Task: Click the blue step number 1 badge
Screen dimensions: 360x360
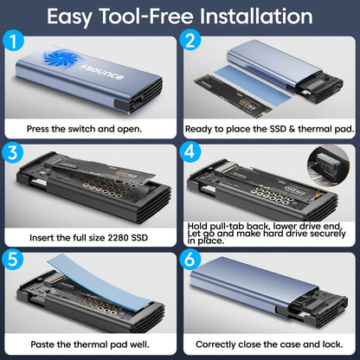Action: click(x=13, y=42)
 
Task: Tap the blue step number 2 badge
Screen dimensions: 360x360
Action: click(x=190, y=41)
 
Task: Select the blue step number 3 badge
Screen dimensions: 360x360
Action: click(x=12, y=152)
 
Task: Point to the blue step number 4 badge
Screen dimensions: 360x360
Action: click(x=190, y=151)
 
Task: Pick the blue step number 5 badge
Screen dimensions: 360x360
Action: click(x=13, y=259)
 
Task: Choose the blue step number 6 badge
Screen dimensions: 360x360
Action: click(x=190, y=259)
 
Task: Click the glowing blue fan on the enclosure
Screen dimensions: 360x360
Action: click(x=60, y=58)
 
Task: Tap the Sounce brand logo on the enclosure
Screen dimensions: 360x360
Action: click(x=103, y=72)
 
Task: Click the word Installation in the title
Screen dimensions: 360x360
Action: click(x=256, y=16)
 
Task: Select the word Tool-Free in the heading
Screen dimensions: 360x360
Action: click(x=146, y=16)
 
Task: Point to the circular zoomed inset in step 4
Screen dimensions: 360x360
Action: click(x=329, y=165)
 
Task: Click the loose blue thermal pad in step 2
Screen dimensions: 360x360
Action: click(x=253, y=83)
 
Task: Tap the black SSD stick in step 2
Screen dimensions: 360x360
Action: click(x=233, y=98)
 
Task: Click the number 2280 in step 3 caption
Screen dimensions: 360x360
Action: click(x=118, y=238)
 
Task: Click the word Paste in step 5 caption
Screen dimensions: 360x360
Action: click(x=42, y=344)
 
